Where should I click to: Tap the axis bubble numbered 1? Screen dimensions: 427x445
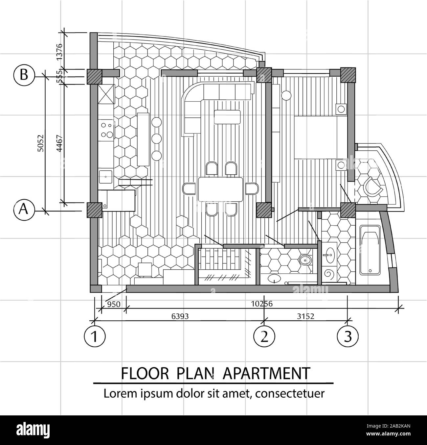[95, 336]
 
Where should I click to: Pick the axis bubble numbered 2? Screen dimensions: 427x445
[264, 336]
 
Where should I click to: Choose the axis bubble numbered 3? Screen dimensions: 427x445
[348, 336]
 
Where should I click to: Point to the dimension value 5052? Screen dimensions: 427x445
[41, 143]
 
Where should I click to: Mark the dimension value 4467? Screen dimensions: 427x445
[59, 143]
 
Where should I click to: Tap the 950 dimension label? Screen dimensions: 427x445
[114, 304]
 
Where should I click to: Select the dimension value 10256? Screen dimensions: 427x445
[262, 304]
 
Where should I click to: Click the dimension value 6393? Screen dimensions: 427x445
[180, 316]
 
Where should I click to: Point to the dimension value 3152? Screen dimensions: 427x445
[305, 316]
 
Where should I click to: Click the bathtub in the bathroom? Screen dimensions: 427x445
[370, 250]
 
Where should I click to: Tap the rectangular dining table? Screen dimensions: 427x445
[221, 189]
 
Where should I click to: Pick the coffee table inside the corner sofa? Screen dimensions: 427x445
[227, 117]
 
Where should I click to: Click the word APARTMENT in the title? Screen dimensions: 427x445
[266, 373]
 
